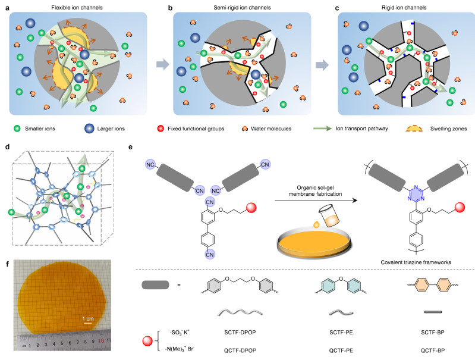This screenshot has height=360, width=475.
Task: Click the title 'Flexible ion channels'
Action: [77, 8]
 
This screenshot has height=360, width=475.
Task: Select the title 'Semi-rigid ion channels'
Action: [242, 8]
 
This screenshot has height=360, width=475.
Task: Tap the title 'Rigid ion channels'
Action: [404, 8]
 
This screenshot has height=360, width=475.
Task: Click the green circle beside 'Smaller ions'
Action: [17, 129]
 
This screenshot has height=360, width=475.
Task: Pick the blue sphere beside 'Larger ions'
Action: [89, 129]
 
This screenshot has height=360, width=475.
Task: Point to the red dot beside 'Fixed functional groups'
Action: [161, 129]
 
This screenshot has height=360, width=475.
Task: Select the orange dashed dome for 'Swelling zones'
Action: [414, 129]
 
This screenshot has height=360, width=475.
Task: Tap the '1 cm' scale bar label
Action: [88, 319]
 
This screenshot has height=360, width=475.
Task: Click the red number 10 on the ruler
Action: [101, 340]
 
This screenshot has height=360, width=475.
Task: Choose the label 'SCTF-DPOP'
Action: [240, 333]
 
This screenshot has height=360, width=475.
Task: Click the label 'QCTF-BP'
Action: [433, 350]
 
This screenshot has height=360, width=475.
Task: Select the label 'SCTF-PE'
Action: [341, 333]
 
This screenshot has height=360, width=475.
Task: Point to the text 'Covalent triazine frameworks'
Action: [416, 262]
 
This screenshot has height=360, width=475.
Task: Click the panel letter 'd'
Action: [7, 147]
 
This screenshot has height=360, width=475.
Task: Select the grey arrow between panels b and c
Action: [322, 65]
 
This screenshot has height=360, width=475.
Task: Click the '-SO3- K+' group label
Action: [180, 333]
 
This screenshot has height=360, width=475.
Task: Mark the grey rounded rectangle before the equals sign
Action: [155, 285]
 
